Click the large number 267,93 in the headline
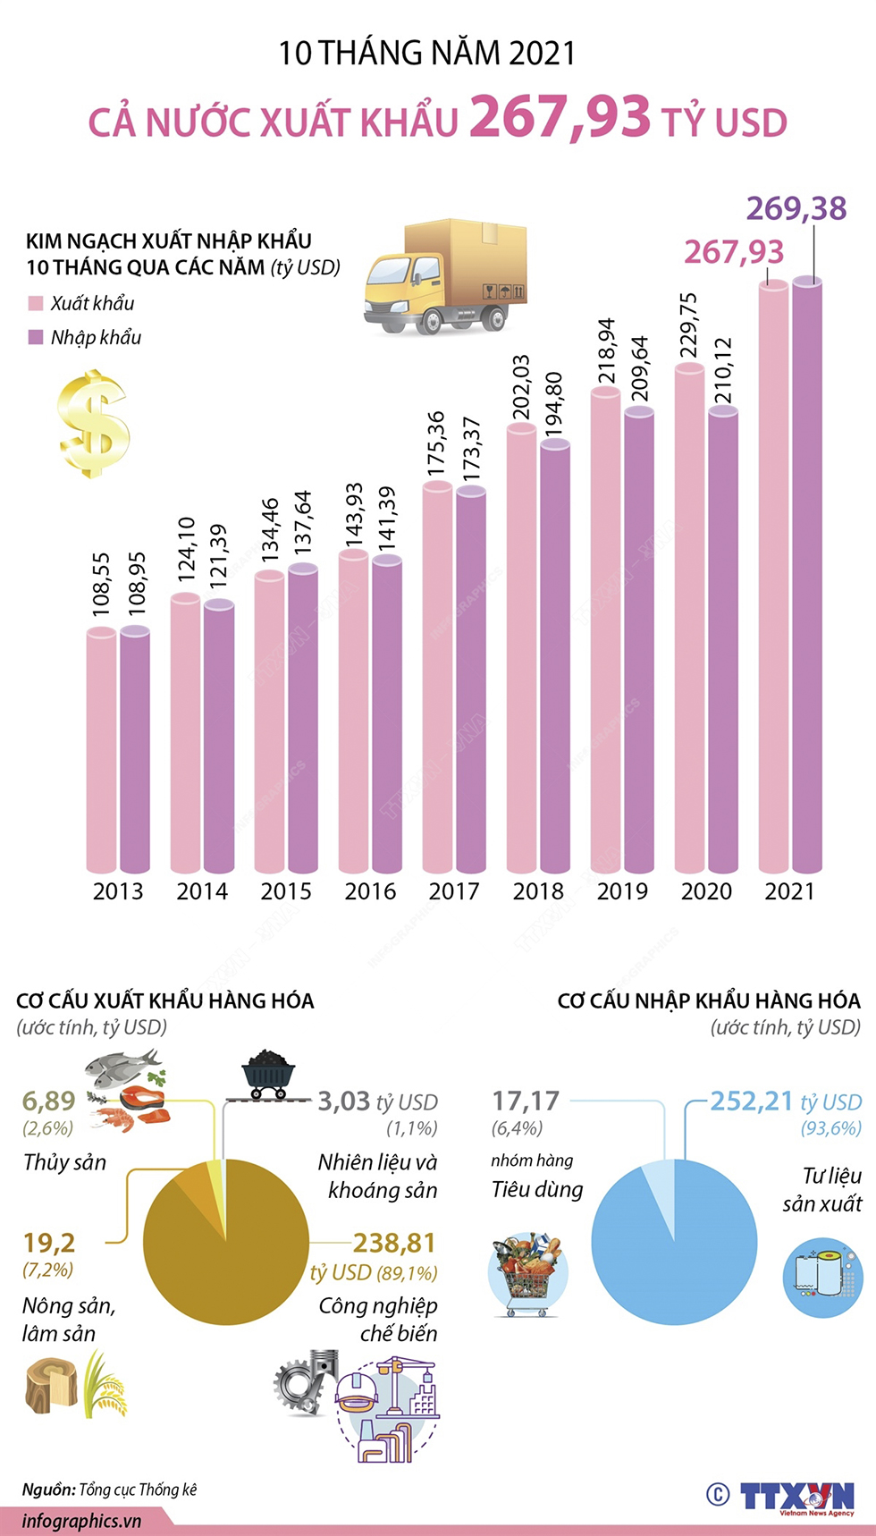[560, 117]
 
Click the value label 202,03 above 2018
[521, 387]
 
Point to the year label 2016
[370, 891]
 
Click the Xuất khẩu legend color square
[36, 304]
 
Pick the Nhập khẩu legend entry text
[96, 338]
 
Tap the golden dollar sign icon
[94, 424]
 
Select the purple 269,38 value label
[796, 208]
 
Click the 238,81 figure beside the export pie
[394, 1243]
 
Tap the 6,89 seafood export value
[48, 1101]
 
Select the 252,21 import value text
[751, 1101]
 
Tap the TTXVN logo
[796, 1495]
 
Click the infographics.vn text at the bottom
[82, 1521]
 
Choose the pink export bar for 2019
[605, 626]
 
